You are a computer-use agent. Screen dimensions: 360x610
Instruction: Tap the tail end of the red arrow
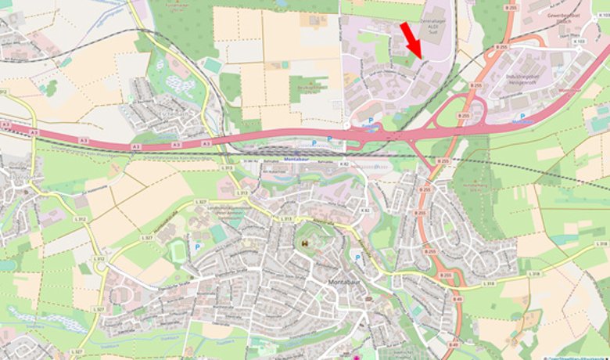(404, 24)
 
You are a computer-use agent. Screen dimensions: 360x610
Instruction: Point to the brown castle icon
(303, 243)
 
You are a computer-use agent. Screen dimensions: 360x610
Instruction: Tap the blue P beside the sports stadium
(197, 247)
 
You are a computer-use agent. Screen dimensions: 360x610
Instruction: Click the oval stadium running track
(178, 250)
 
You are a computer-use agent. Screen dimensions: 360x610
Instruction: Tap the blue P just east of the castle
(357, 257)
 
